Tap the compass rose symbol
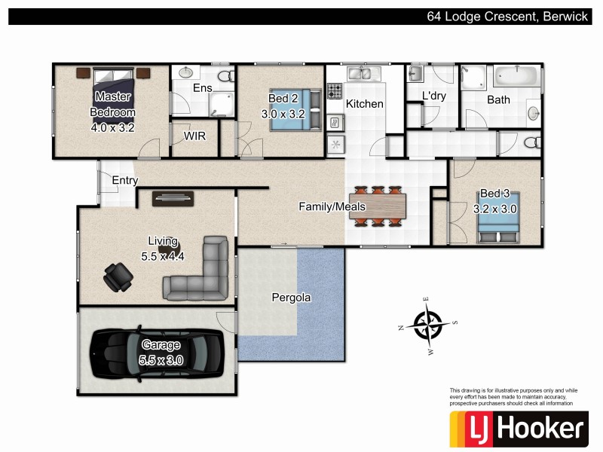[x=427, y=326]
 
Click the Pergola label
[x=291, y=298]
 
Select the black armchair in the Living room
[x=117, y=276]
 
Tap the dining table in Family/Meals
[x=376, y=205]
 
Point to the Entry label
[x=125, y=181]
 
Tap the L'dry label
[x=433, y=96]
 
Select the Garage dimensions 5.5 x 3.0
[x=161, y=360]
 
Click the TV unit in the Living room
[x=174, y=198]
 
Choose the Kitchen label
[x=365, y=104]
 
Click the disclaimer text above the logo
[x=513, y=397]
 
